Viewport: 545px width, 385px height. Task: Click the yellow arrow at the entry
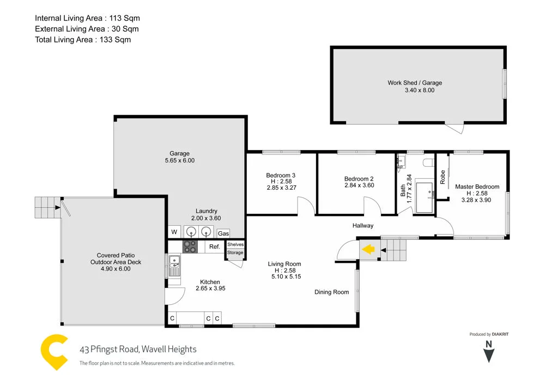(368, 250)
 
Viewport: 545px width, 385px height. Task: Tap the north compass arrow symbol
(489, 354)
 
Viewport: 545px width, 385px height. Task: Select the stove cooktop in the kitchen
(190, 246)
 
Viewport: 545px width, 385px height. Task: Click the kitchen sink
(174, 267)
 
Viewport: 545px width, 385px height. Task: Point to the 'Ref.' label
(214, 247)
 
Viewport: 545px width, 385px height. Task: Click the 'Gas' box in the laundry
(223, 233)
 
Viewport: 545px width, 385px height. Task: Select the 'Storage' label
(235, 252)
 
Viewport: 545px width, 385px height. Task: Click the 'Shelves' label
(235, 244)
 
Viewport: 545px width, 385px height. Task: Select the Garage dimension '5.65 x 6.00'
(179, 161)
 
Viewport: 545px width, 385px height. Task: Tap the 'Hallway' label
(362, 225)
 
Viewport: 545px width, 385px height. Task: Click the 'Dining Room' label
(331, 292)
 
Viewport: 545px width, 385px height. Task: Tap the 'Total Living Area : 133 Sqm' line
(83, 39)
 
